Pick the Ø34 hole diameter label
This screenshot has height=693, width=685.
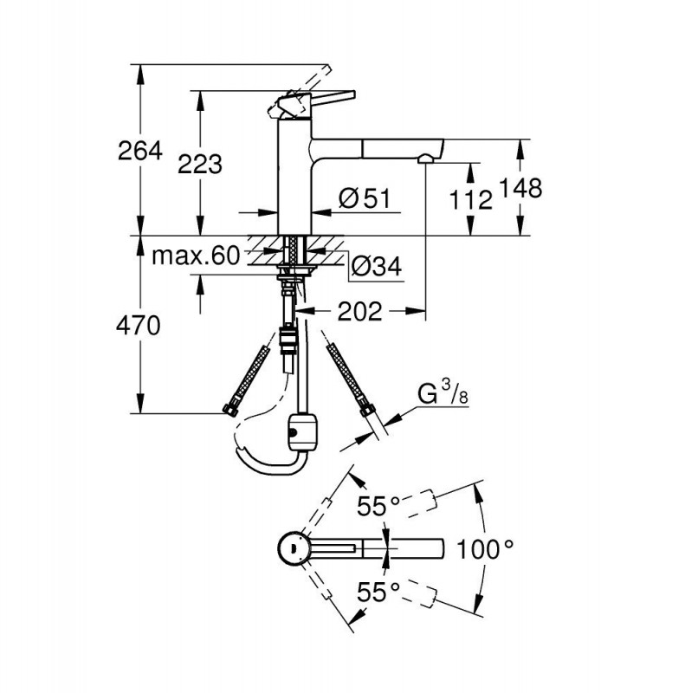click(x=377, y=268)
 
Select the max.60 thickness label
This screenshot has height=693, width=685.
click(x=194, y=256)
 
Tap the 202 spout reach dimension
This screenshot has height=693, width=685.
click(x=360, y=312)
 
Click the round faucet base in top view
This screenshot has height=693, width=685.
click(x=291, y=548)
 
